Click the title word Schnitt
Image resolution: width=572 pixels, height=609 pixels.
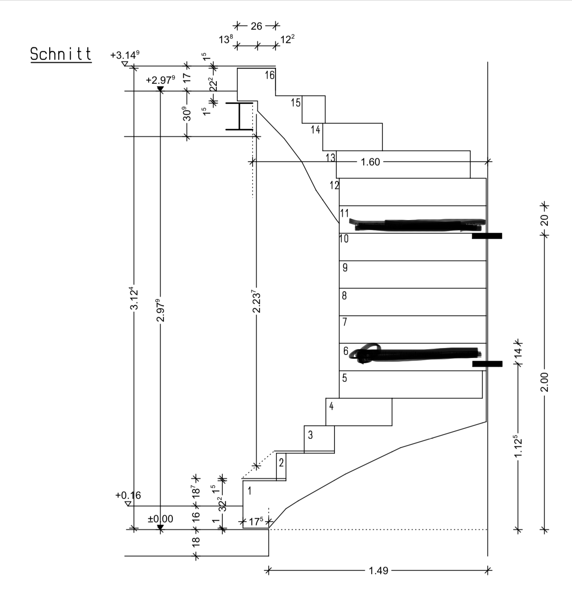(61, 54)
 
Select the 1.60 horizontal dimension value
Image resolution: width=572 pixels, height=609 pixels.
(370, 162)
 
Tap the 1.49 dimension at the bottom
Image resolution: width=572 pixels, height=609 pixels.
(378, 571)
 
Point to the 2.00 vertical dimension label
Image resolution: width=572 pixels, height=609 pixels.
(544, 382)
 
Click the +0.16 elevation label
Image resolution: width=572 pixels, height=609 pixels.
(128, 495)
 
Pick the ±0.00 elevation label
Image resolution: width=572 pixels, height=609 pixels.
(160, 519)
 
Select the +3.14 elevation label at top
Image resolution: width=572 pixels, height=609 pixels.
(125, 56)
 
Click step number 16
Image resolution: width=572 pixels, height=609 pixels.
(270, 75)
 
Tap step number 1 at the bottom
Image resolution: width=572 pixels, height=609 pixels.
(250, 491)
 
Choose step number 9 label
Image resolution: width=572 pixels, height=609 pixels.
(345, 267)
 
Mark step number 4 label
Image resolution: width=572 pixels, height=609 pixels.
(331, 406)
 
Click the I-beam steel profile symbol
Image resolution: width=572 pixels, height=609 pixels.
(239, 116)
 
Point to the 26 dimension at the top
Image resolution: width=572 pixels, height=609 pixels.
(256, 26)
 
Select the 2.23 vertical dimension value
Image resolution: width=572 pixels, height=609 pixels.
(256, 301)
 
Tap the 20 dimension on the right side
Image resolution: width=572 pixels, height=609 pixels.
(544, 220)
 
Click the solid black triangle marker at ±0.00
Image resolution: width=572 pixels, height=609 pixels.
(160, 527)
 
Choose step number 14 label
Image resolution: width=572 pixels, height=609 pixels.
(315, 130)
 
